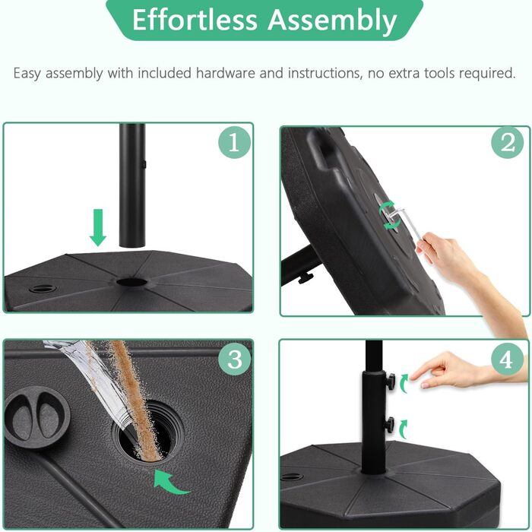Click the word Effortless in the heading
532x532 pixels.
195,20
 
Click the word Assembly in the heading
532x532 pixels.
332,21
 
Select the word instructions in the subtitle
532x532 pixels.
325,73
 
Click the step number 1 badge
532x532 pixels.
234,142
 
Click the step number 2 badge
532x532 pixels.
508,143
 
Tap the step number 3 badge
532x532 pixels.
234,359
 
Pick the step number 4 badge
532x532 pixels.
507,359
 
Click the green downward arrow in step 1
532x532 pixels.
98,228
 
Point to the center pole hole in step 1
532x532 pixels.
131,282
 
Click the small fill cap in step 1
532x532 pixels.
43,289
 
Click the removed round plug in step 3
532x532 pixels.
37,418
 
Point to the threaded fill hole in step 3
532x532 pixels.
148,430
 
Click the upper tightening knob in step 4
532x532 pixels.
390,380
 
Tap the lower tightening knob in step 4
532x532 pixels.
389,424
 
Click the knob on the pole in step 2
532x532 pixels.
306,278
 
